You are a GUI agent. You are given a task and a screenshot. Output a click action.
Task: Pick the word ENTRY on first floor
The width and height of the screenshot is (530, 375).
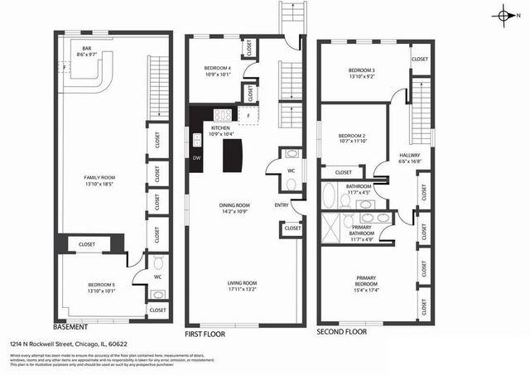[282, 204]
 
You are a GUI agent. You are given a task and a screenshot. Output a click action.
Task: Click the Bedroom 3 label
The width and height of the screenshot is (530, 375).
[362, 73]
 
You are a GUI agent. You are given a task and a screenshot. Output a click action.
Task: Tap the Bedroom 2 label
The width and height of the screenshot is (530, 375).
[351, 138]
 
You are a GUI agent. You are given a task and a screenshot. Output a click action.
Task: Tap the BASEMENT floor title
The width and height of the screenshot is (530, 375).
[70, 326]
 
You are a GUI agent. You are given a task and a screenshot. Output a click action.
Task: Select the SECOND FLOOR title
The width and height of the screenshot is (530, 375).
[342, 332]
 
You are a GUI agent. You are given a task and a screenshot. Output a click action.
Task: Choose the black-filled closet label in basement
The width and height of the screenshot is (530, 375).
[87, 244]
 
